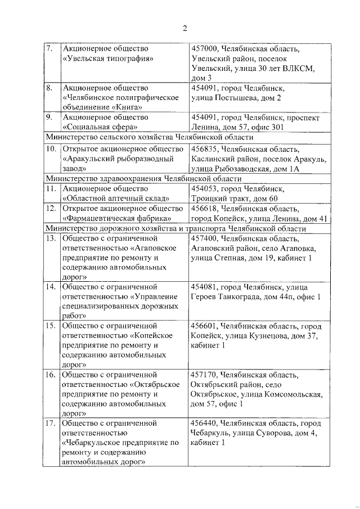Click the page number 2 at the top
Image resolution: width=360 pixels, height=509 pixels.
tap(184, 29)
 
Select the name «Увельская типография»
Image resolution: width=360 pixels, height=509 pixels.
tap(109, 58)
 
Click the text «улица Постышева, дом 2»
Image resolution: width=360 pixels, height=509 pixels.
tap(236, 98)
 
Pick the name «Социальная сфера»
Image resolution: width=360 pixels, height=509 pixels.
tap(98, 127)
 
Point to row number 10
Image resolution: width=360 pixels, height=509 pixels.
tap(51, 148)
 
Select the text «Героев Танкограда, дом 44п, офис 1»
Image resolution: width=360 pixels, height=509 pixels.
tap(256, 296)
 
